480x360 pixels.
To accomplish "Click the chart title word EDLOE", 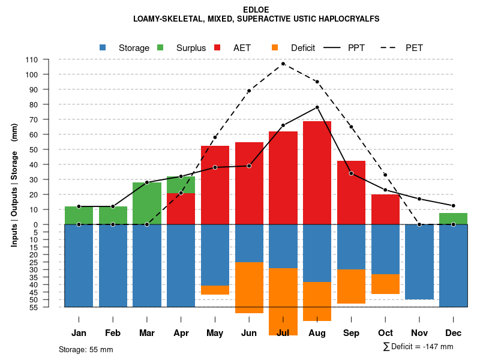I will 256,10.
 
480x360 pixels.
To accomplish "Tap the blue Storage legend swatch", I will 103,48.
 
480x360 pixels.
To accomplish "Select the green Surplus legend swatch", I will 160,48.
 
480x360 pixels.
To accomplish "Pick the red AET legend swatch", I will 218,48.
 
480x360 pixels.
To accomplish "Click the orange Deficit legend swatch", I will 275,48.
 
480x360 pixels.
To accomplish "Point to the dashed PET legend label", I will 414,48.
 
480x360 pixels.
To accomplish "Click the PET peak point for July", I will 283,64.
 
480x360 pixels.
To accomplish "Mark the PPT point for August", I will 317,107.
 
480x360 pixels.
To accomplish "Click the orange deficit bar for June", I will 249,287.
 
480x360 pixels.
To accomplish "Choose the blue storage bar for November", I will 419,262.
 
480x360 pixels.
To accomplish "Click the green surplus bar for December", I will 454,218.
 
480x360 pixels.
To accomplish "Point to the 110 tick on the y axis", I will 32,59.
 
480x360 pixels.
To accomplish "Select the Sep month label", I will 351,333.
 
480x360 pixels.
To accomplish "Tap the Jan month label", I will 79,333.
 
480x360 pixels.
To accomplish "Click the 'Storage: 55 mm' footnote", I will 86,349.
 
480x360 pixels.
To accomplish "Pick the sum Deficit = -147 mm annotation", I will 418,347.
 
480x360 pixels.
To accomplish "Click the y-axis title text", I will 14,185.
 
